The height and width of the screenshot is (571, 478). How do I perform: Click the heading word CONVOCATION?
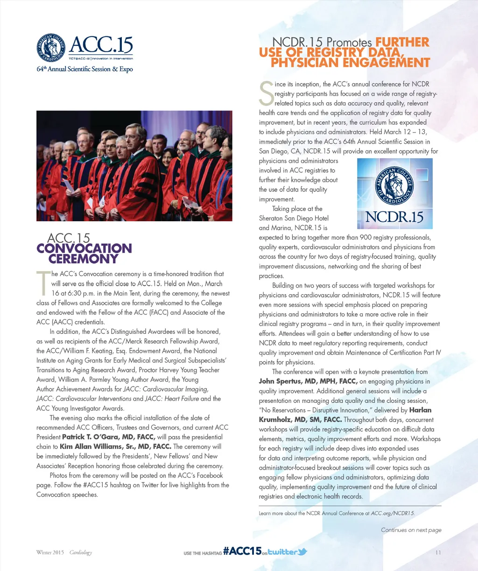(x=84, y=248)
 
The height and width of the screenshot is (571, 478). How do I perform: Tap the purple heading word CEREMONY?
(x=83, y=259)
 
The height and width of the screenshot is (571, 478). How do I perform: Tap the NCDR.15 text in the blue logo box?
(x=394, y=217)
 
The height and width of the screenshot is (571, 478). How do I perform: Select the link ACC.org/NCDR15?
(x=392, y=513)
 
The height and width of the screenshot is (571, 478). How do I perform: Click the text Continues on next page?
(x=411, y=530)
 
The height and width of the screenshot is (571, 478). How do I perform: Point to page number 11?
(x=438, y=553)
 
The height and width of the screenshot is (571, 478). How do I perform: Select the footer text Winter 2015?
(x=50, y=553)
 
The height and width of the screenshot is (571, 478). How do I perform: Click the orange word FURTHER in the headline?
(x=402, y=42)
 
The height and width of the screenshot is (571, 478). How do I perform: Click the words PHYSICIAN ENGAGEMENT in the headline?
(x=350, y=63)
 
